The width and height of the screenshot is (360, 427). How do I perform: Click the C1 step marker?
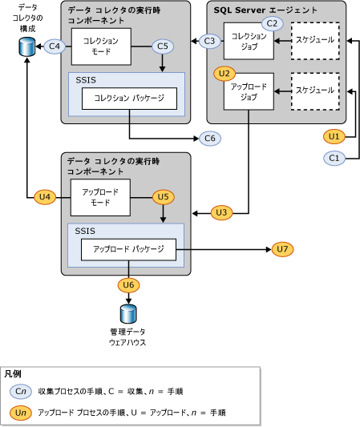(335, 158)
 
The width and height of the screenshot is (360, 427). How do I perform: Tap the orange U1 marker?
(335, 136)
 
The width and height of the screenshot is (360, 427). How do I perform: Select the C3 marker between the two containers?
(211, 40)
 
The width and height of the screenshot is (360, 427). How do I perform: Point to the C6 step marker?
(211, 138)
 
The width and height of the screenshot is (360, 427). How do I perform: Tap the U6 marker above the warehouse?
(127, 284)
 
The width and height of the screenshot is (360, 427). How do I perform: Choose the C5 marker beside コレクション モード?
(163, 46)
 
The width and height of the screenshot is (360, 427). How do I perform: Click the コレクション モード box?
(95, 46)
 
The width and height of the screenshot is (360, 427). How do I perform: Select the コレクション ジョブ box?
(248, 40)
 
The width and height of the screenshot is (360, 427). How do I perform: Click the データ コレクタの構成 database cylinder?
(26, 47)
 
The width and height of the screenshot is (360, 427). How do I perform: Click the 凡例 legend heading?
(13, 374)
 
